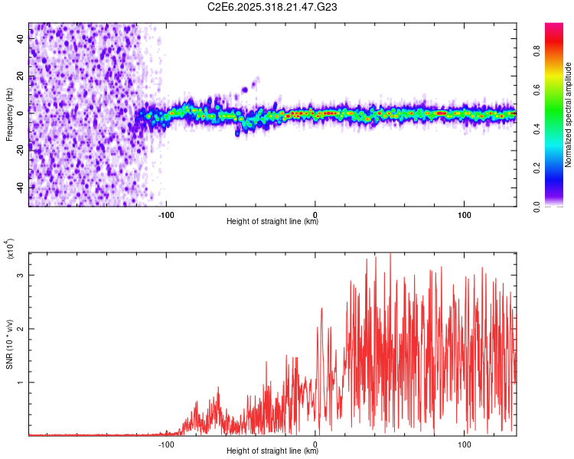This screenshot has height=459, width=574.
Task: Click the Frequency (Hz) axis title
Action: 9,115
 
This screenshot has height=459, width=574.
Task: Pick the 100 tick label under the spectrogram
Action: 464,213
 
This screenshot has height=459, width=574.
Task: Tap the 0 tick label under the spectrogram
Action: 315,213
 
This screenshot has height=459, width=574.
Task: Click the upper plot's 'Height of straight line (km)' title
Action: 272,222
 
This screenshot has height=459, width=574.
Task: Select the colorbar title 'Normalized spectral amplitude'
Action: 569,115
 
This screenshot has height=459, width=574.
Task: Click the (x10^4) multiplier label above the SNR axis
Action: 9,249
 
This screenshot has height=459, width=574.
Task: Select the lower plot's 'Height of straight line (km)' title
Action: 272,451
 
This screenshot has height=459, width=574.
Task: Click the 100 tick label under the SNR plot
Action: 464,443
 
